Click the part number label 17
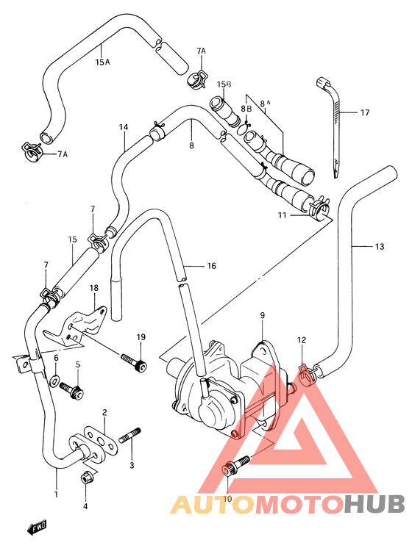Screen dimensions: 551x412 pyautogui.click(x=364, y=113)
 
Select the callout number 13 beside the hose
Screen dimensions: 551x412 pyautogui.click(x=378, y=247)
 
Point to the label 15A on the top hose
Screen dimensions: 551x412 pyautogui.click(x=102, y=62)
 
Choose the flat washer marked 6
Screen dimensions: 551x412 pyautogui.click(x=56, y=381)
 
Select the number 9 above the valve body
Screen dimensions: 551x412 pyautogui.click(x=261, y=316)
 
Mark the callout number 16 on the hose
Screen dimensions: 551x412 pyautogui.click(x=211, y=266)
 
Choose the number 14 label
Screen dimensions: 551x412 pyautogui.click(x=124, y=127)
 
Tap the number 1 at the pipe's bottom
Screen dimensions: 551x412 pyautogui.click(x=56, y=494)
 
